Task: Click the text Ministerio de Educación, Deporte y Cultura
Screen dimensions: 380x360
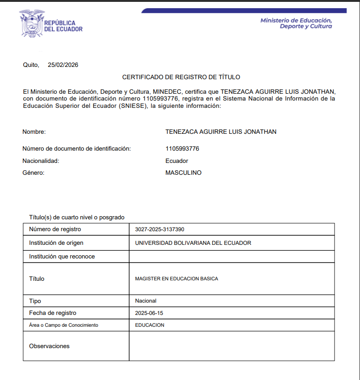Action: pos(296,23)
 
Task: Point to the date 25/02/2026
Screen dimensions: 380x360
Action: pos(63,65)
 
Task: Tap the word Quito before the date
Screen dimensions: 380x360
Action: pos(31,65)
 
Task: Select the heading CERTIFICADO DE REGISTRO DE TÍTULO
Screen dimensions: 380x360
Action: pos(181,77)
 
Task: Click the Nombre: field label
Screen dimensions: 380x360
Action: pos(34,132)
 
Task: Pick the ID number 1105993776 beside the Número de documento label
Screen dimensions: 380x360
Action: pos(182,149)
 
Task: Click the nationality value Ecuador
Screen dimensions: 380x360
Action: pos(177,161)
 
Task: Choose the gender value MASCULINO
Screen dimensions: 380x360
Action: pos(184,173)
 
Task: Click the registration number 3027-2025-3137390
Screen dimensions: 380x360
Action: pos(160,229)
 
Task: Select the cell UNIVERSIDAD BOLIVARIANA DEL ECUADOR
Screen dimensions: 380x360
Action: pos(193,243)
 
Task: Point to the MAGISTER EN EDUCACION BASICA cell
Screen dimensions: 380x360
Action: pos(176,279)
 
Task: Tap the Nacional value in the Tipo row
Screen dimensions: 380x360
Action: pos(145,301)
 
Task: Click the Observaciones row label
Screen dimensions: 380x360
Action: pos(49,346)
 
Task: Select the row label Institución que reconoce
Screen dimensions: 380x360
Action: pos(62,257)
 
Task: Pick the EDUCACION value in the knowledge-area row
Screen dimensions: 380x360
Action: pos(150,325)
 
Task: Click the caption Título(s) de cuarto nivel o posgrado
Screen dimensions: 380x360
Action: pos(76,218)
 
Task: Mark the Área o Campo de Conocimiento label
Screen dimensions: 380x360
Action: pos(64,325)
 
